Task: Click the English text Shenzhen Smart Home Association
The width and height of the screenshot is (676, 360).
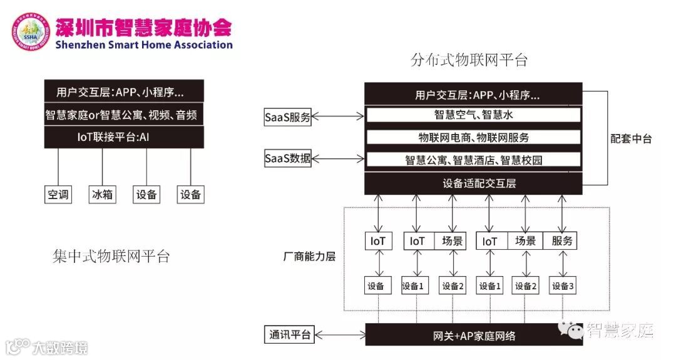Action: point(143,45)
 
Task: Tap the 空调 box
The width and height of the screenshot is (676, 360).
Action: point(58,195)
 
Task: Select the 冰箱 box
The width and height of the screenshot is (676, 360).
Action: point(102,195)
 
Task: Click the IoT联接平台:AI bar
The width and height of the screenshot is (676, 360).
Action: point(124,136)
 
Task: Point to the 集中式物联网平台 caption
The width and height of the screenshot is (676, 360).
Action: point(111,257)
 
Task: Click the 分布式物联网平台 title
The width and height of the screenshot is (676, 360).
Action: point(469,60)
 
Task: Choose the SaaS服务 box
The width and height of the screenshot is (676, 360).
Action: point(288,116)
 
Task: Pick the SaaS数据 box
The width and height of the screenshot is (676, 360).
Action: point(288,159)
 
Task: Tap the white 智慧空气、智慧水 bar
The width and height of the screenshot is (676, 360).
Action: point(473,115)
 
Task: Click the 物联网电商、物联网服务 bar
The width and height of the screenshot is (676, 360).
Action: point(473,138)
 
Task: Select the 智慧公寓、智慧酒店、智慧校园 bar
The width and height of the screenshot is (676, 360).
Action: point(473,160)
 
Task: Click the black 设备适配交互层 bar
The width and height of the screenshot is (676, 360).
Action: point(473,183)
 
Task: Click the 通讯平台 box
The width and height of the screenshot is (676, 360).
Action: point(288,335)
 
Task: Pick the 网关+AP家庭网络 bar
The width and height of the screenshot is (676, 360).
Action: point(473,336)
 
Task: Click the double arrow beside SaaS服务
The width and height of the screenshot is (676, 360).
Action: point(338,116)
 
